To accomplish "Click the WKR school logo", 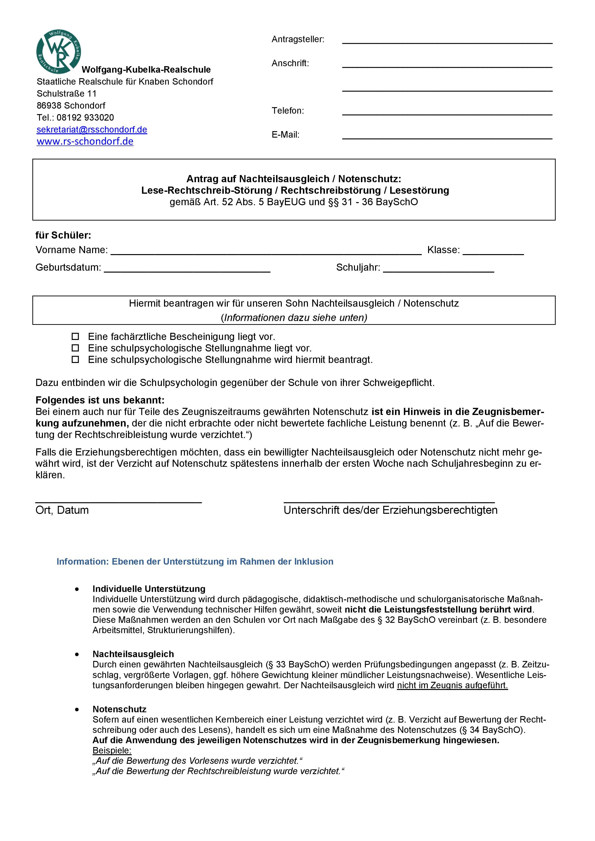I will tap(59, 52).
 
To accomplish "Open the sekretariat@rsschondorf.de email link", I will tap(92, 130).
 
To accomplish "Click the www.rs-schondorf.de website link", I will tap(85, 141).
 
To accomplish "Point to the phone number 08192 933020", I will tap(85, 117).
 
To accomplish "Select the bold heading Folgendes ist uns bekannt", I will tap(100, 400).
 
